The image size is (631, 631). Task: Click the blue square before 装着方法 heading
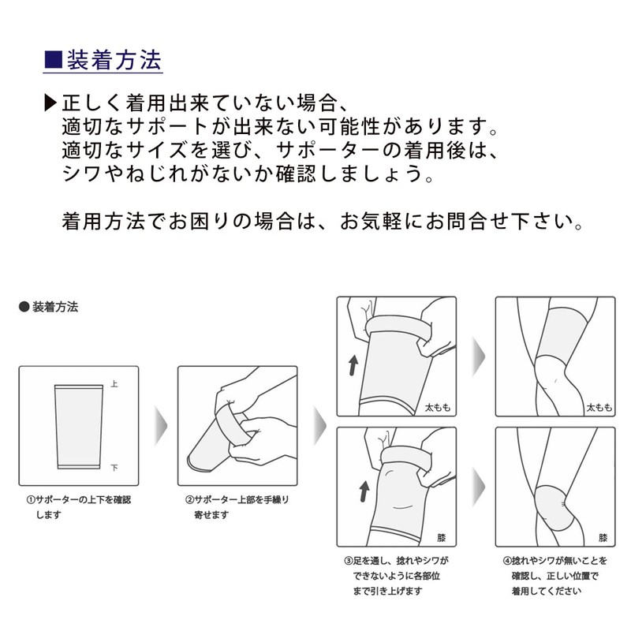[x=52, y=58]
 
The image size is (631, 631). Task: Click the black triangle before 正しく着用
[x=50, y=103]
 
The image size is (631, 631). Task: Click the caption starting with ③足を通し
[x=396, y=575]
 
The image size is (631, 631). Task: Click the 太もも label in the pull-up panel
[x=439, y=407]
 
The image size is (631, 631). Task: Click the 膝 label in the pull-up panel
[x=442, y=537]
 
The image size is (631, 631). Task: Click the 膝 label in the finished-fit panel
[x=603, y=537]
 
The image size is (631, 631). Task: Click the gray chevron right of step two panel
[x=319, y=426]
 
